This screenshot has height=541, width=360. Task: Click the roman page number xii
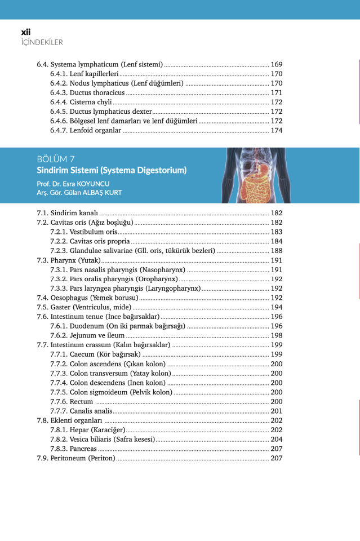[x=26, y=32]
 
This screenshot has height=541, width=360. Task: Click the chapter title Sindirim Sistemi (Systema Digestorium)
[x=112, y=170]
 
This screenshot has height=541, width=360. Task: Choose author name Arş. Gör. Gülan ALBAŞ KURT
[x=79, y=193]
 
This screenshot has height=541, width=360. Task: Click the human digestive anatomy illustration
[x=257, y=175]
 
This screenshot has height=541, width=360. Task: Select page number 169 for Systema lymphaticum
[x=276, y=64]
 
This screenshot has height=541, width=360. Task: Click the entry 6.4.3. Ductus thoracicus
[x=87, y=92]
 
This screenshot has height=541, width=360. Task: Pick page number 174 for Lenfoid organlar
[x=276, y=131]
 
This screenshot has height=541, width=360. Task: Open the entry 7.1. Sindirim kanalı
[x=68, y=213]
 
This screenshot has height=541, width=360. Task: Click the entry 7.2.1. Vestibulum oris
[x=83, y=232]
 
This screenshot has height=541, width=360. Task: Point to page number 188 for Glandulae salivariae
[x=276, y=251]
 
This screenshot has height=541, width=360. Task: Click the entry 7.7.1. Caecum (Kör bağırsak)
[x=95, y=354]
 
